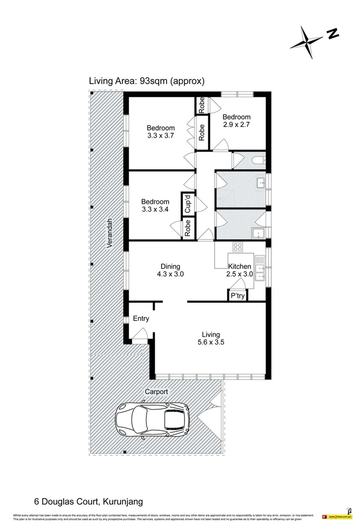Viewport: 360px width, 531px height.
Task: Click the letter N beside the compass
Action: pyautogui.click(x=333, y=33)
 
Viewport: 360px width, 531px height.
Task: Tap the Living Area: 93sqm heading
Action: pyautogui.click(x=147, y=81)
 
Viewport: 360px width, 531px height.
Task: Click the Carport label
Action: pyautogui.click(x=156, y=392)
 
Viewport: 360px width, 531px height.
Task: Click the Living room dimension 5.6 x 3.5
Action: pyautogui.click(x=210, y=343)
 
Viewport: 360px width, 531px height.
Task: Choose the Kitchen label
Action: pyautogui.click(x=239, y=266)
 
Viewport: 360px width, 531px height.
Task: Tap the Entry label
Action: pyautogui.click(x=141, y=319)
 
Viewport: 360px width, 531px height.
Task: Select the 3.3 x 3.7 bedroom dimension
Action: pyautogui.click(x=161, y=136)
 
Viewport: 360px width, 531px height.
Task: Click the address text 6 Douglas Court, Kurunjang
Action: pyautogui.click(x=89, y=502)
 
